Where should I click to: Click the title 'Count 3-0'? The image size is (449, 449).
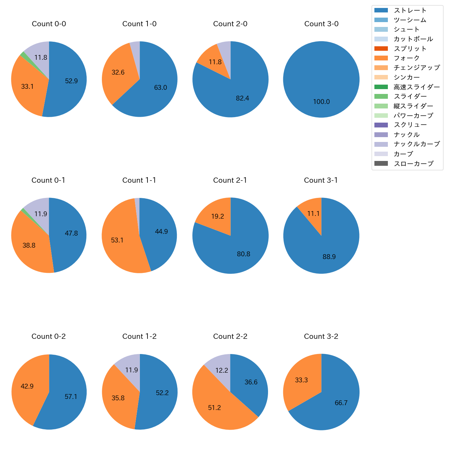321,24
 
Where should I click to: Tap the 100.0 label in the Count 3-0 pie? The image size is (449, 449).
321,102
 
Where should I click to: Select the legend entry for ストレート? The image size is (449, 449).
410,10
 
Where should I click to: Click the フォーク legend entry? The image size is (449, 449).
407,58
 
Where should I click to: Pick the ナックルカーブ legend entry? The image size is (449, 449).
417,144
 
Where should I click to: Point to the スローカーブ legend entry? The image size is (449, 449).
413,163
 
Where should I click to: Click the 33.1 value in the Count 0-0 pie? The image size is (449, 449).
27,87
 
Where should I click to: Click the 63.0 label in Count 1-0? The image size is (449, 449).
160,88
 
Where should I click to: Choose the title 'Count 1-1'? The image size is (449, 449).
139,180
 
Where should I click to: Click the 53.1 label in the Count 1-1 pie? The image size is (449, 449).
117,240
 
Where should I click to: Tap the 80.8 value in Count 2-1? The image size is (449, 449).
243,254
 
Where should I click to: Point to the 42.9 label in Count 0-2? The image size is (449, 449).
27,386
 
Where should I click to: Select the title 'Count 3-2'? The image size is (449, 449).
321,336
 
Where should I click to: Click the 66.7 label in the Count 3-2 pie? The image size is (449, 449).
341,403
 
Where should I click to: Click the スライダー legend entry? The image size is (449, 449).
410,96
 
